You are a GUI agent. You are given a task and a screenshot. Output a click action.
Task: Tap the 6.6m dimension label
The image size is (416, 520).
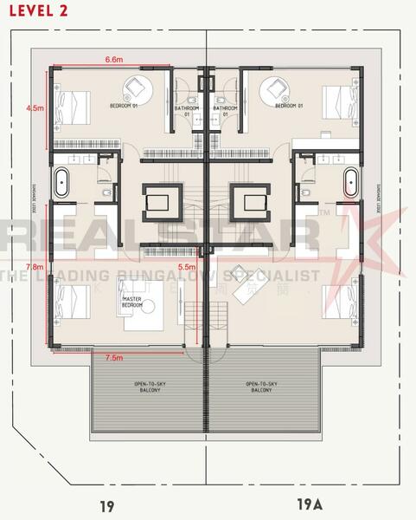(x=113, y=59)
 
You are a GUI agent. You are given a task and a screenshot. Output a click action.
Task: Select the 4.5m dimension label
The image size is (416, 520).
(x=35, y=109)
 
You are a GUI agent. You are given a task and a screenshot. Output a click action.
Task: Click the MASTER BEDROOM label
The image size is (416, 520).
(x=131, y=303)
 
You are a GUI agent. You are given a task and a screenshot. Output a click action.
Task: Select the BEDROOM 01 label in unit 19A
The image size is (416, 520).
(x=291, y=106)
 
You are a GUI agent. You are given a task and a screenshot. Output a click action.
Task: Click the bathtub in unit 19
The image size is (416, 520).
(x=63, y=184)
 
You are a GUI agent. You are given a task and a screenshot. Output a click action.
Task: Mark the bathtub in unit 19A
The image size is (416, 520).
(x=350, y=184)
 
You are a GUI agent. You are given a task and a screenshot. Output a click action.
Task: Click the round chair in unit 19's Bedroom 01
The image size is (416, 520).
(x=136, y=88)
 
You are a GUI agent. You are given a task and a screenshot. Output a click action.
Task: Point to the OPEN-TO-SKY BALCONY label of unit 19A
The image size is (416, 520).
(x=260, y=387)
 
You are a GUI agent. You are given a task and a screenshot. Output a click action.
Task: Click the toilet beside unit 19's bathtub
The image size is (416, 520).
(x=105, y=192)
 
